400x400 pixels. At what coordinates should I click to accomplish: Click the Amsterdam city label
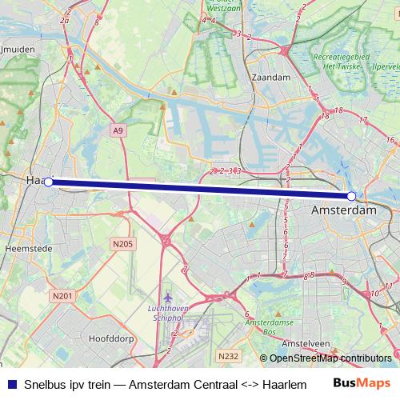coord(342,210)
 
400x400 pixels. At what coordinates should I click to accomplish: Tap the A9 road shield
coord(118,130)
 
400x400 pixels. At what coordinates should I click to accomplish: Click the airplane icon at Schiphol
coord(167,298)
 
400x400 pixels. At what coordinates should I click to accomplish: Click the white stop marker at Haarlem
coord(48,182)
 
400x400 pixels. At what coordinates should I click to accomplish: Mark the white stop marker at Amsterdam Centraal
coord(351,196)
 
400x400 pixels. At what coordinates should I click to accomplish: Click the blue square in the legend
coord(10,383)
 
